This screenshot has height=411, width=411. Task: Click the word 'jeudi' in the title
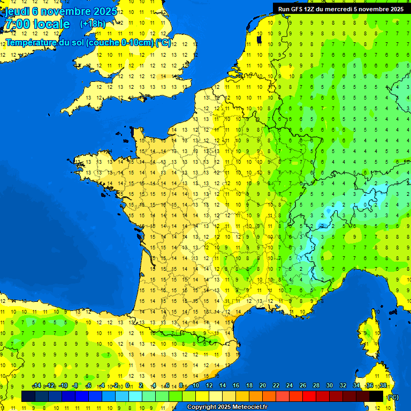tap(17, 11)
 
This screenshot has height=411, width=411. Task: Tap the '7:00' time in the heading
tap(17, 24)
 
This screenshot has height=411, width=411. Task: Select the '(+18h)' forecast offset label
tap(93, 24)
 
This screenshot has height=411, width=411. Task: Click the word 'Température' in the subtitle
tap(32, 42)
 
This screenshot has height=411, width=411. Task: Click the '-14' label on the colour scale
tap(36, 386)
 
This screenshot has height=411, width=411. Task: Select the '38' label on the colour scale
tap(383, 386)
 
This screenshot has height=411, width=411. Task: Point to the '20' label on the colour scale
tap(263, 386)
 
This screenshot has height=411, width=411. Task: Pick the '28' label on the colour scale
tap(316, 386)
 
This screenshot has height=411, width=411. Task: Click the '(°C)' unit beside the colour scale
tap(393, 397)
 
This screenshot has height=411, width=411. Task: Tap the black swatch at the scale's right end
tap(376, 396)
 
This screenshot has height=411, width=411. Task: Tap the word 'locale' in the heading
tap(51, 24)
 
